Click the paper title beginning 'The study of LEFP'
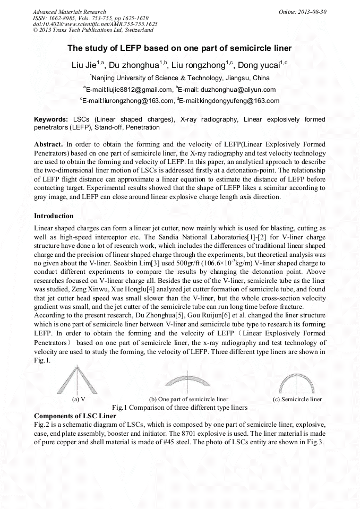click(179, 48)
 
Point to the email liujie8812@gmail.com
click(130, 90)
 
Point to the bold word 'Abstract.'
click(49, 144)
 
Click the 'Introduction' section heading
click(54, 216)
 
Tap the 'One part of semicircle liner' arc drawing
click(188, 383)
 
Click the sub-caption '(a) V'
click(79, 399)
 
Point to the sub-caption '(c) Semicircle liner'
click(297, 399)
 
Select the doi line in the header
click(95, 24)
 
